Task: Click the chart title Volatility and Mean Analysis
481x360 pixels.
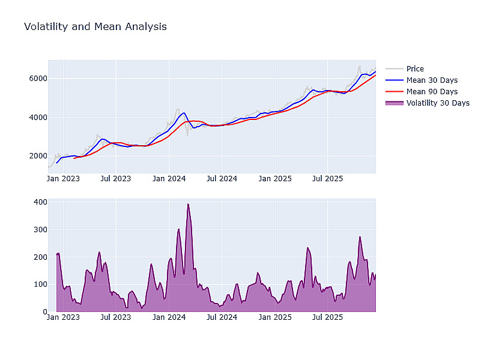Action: (95, 27)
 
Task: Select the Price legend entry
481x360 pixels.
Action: (414, 69)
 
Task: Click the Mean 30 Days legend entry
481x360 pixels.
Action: (431, 80)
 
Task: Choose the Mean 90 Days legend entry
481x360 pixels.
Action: (431, 92)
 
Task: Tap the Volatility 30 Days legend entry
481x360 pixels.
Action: (437, 103)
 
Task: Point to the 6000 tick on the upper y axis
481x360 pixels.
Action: (38, 79)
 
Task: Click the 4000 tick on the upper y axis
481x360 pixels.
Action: (38, 118)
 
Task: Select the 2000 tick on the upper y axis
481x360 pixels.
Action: (38, 157)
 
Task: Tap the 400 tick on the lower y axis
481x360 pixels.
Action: (40, 202)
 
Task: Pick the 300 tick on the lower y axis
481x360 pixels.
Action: (40, 230)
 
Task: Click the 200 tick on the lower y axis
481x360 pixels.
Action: (40, 257)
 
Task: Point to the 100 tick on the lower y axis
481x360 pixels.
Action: (40, 284)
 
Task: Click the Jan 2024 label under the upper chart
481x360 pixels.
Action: (169, 178)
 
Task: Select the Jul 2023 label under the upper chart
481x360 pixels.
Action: (115, 178)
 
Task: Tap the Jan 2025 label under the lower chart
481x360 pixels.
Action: (275, 317)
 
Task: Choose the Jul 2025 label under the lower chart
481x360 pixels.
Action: (328, 317)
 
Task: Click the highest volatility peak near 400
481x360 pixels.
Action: (188, 204)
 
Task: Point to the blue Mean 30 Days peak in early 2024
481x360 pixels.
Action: (183, 112)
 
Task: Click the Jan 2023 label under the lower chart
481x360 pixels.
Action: (63, 317)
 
